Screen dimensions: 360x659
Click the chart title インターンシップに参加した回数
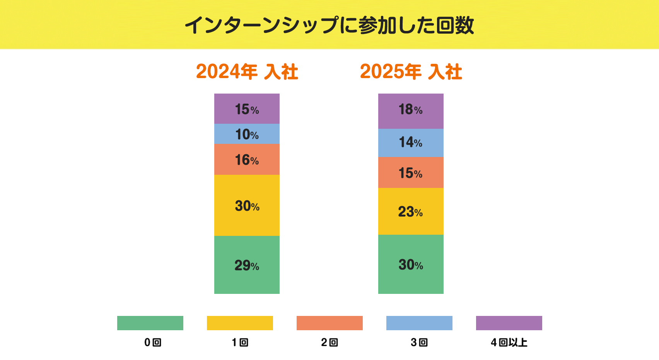tap(329, 26)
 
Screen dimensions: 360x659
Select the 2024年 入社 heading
tap(247, 72)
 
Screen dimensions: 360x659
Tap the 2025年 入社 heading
tap(411, 72)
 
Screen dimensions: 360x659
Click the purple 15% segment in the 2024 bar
tap(247, 109)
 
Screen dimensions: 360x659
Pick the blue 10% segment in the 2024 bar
tap(247, 134)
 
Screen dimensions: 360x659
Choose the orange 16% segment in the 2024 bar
tap(247, 159)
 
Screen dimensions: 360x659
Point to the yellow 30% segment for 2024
tap(247, 205)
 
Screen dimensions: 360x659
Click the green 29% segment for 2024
tap(247, 265)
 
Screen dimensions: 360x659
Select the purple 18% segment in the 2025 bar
tap(411, 111)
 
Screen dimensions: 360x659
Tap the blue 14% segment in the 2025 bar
tap(411, 143)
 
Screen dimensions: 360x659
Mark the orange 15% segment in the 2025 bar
tap(411, 172)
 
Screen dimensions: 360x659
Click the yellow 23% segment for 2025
tap(411, 212)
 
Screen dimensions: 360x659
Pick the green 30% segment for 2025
tap(411, 264)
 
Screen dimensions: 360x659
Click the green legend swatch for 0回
tap(150, 323)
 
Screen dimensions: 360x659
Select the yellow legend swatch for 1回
tap(240, 323)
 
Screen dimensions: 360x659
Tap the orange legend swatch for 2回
tap(329, 323)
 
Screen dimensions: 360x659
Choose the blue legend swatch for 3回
tap(419, 323)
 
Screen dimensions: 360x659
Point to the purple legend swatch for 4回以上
tap(509, 323)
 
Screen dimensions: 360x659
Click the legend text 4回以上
tap(509, 343)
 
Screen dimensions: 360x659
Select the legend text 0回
tap(152, 343)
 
